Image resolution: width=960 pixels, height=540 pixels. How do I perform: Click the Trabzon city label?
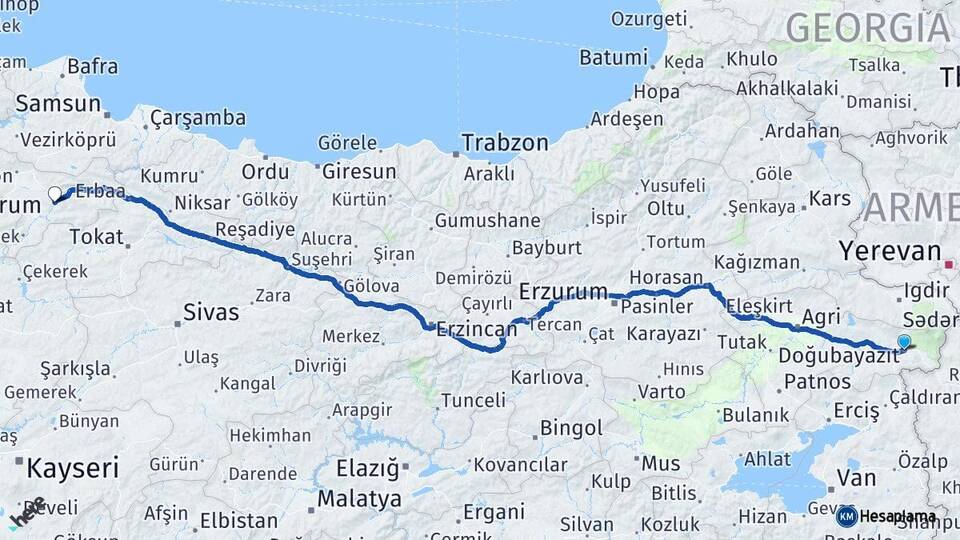click(506, 143)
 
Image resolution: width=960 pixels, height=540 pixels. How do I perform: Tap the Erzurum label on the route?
click(564, 292)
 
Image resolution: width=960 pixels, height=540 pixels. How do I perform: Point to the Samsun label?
click(58, 103)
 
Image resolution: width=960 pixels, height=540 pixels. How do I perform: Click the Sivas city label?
click(211, 312)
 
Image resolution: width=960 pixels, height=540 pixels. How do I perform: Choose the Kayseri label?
click(73, 467)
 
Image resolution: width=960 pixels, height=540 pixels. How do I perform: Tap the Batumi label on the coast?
click(613, 58)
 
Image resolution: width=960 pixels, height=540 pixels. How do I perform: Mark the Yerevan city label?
click(890, 251)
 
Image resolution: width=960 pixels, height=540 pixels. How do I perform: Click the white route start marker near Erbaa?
click(55, 193)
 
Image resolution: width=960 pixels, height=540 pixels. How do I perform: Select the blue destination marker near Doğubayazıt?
click(904, 342)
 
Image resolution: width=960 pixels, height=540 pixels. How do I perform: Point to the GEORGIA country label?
click(867, 27)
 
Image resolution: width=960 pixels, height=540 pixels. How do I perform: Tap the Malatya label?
click(359, 498)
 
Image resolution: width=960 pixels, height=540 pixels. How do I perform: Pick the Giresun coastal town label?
click(359, 171)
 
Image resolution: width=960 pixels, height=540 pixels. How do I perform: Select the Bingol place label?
click(571, 428)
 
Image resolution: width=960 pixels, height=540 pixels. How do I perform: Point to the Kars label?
click(829, 198)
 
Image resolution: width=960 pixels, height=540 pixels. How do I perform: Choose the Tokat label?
click(96, 237)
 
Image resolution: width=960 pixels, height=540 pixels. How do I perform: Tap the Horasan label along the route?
click(666, 277)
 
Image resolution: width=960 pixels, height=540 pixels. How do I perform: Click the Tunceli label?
click(473, 400)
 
